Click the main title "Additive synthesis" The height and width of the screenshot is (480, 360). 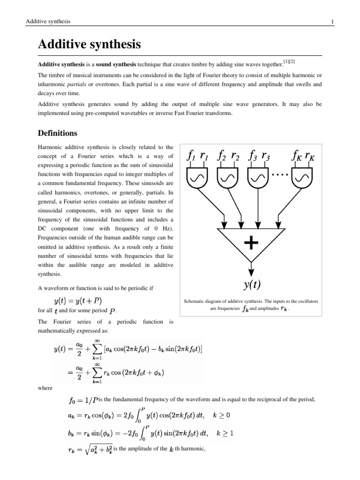coord(89,45)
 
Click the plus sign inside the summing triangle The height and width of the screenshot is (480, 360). coord(251,242)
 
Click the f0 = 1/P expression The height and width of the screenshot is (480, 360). coord(84,401)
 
